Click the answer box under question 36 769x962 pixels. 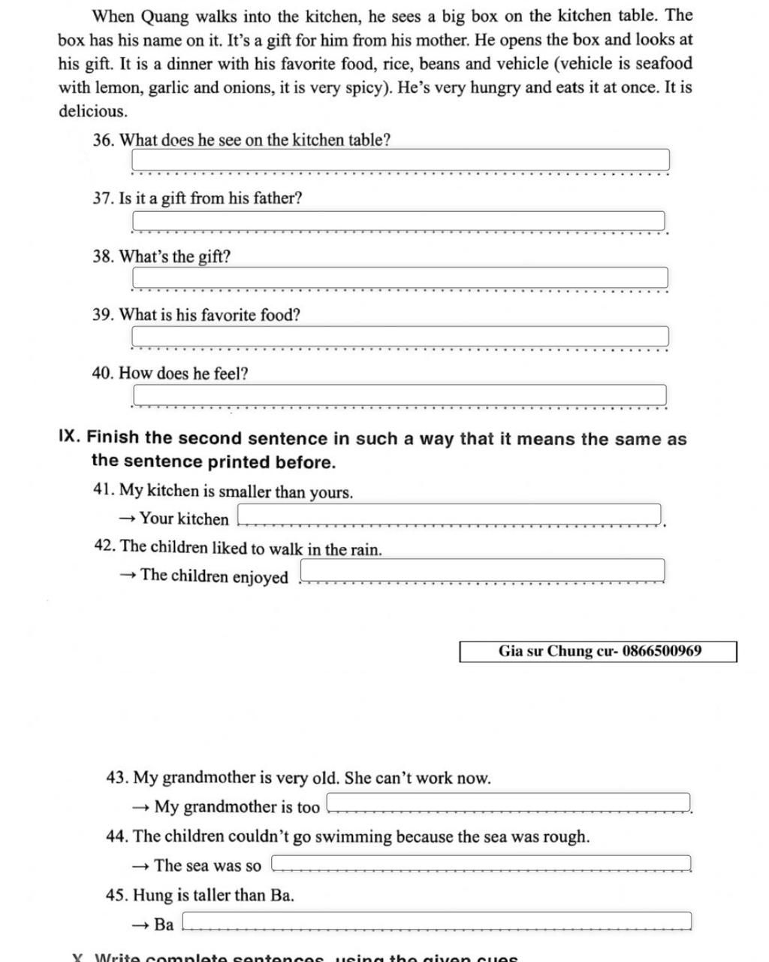400,160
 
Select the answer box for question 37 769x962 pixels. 399,221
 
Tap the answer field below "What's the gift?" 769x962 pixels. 400,277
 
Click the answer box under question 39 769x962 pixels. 400,337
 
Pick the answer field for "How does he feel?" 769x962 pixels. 400,395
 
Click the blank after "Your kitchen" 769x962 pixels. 449,515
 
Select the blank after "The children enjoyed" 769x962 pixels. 483,570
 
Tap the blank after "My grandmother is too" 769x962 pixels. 509,803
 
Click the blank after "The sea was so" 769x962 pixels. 481,864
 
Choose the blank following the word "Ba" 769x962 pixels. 436,921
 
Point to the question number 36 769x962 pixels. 103,140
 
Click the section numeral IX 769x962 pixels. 68,437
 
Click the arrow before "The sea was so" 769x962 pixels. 140,866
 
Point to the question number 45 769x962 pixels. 116,895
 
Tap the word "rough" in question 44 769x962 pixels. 565,836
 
